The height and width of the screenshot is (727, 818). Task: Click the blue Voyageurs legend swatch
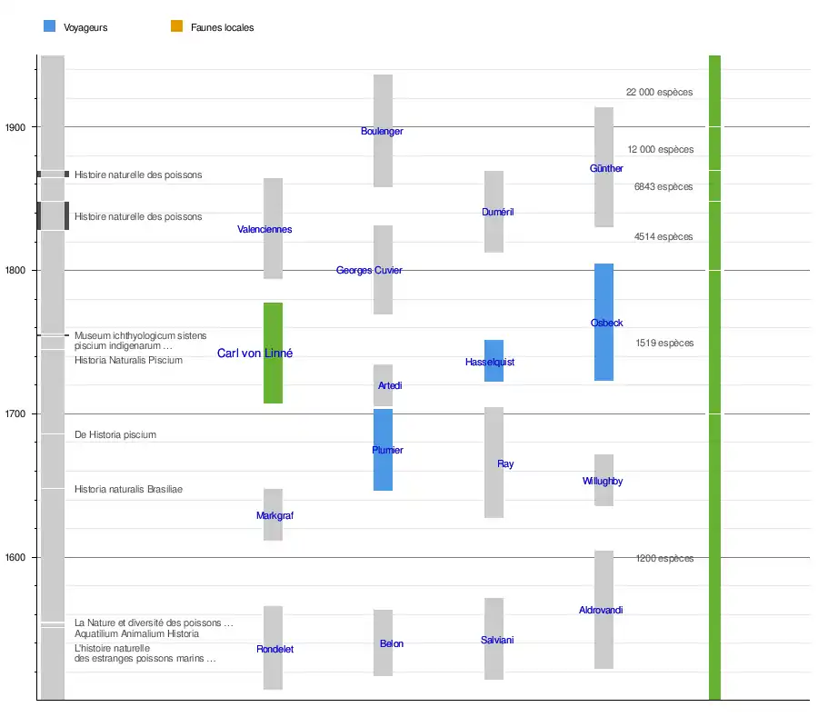tap(50, 26)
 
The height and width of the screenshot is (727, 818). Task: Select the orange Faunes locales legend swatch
tap(177, 26)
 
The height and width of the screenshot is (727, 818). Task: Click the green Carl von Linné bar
tap(273, 382)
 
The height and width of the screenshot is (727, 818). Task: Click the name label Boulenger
tap(382, 132)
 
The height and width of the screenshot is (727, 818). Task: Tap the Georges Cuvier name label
tap(369, 271)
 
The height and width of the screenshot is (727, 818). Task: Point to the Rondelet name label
tap(274, 650)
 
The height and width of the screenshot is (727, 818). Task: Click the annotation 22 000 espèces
tap(659, 93)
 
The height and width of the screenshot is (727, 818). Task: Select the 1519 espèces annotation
tap(664, 344)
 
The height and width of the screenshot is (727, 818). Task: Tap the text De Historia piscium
tap(115, 435)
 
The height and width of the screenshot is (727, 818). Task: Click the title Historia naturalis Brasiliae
tap(128, 490)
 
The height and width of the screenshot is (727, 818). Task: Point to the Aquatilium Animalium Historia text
tap(136, 634)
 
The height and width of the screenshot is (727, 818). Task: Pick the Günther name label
tap(606, 169)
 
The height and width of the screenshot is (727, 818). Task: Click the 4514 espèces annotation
tap(663, 237)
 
